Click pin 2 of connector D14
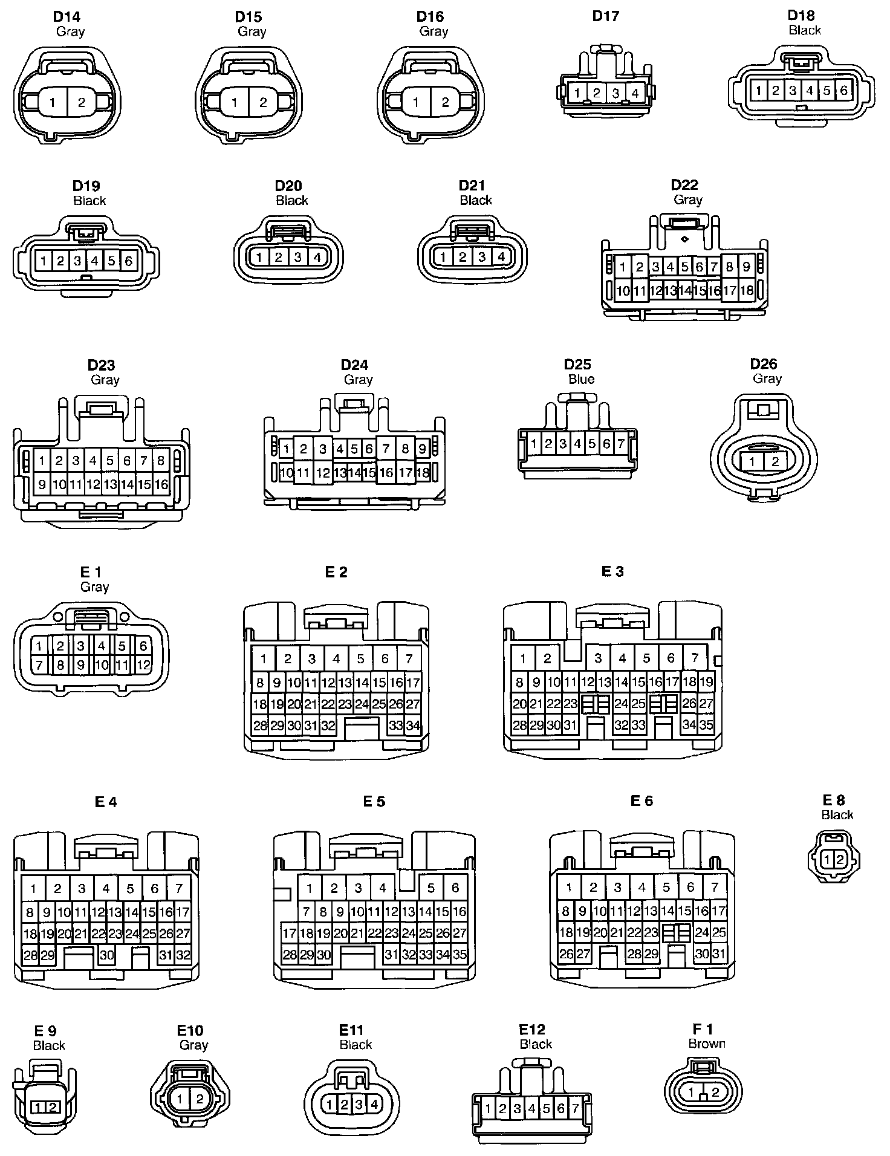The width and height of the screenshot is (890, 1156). tap(82, 103)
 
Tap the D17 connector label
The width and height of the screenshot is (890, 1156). tap(605, 16)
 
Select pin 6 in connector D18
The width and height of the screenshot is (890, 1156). tap(843, 91)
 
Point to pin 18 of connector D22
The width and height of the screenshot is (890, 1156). tap(747, 290)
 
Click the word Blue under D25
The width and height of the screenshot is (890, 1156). tap(581, 379)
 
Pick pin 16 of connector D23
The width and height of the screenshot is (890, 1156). tap(161, 484)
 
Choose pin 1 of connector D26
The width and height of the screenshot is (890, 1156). tap(752, 463)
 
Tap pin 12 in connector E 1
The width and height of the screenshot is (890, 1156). tap(143, 666)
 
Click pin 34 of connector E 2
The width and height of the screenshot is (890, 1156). tap(413, 726)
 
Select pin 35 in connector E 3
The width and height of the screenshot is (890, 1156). tap(706, 724)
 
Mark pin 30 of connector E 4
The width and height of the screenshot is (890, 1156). tap(107, 955)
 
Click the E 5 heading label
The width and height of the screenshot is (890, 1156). tap(374, 802)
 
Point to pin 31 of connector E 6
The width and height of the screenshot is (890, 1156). tap(719, 954)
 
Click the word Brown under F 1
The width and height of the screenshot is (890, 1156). tap(706, 1044)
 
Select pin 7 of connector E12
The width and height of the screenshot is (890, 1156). tap(575, 1108)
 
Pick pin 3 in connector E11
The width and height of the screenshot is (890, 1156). tap(359, 1105)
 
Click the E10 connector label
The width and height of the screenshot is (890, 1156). tap(190, 1030)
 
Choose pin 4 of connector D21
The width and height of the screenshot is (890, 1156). tap(501, 257)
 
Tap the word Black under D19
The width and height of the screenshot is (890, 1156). tap(89, 200)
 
